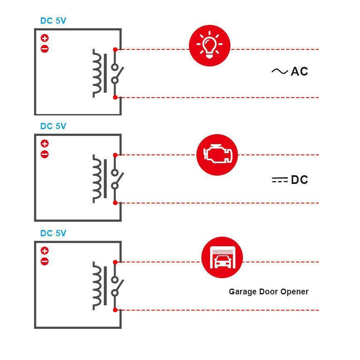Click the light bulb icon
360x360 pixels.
[210, 45]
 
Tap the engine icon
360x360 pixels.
[216, 154]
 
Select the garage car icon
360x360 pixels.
[222, 257]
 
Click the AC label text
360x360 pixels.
[299, 71]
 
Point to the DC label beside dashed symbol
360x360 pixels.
[299, 180]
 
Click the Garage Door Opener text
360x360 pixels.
[268, 291]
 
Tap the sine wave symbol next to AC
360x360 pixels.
[279, 71]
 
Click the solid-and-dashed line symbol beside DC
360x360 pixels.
[279, 180]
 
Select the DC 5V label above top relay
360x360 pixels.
[53, 21]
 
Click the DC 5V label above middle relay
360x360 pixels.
[53, 126]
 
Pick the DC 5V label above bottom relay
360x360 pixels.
[53, 233]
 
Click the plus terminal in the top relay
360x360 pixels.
[45, 38]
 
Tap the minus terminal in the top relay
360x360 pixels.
[45, 49]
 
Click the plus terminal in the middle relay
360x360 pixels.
[45, 144]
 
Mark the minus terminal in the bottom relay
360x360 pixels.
[45, 262]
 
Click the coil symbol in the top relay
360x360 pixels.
[97, 73]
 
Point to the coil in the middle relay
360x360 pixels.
[97, 179]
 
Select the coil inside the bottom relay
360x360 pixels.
[97, 286]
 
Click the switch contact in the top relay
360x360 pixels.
[117, 73]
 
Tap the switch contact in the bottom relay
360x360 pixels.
[117, 286]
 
